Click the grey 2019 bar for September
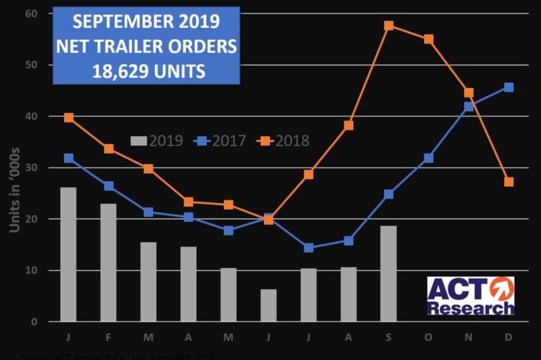[x=388, y=273]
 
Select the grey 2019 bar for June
[x=268, y=305]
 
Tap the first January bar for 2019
[x=68, y=254]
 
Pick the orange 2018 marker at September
[x=389, y=26]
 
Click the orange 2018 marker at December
[x=509, y=182]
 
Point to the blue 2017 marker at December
[x=509, y=87]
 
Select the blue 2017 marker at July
[x=308, y=248]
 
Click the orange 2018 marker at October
[x=429, y=39]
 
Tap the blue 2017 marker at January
[x=68, y=158]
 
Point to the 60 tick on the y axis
[x=31, y=14]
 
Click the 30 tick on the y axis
[x=31, y=168]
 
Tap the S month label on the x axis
[x=388, y=336]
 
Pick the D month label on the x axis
[x=509, y=336]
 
